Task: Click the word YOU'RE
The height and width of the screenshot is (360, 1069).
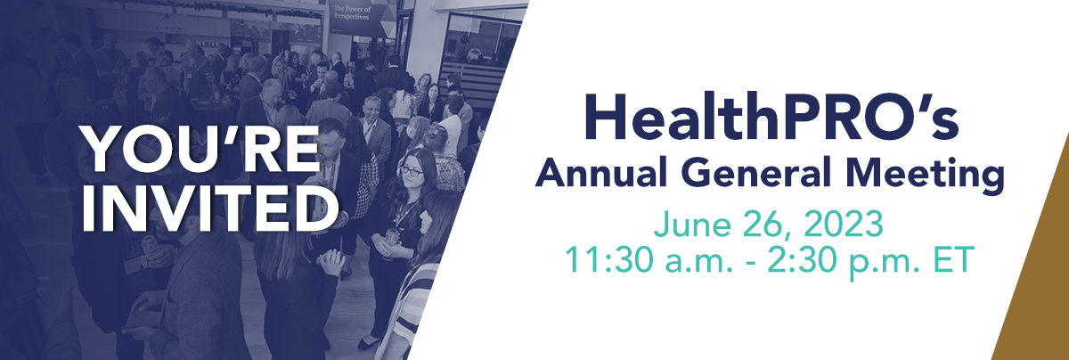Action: tap(200, 150)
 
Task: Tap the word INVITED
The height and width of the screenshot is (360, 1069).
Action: tap(210, 209)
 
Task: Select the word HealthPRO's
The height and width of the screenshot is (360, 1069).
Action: tap(771, 116)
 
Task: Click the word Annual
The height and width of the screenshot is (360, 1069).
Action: tap(601, 172)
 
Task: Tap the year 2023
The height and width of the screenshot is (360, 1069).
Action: tap(844, 224)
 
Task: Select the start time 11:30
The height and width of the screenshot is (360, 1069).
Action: tap(611, 259)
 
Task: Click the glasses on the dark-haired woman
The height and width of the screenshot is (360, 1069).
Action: tap(412, 170)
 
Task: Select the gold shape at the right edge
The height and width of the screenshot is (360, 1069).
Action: tap(1038, 267)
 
